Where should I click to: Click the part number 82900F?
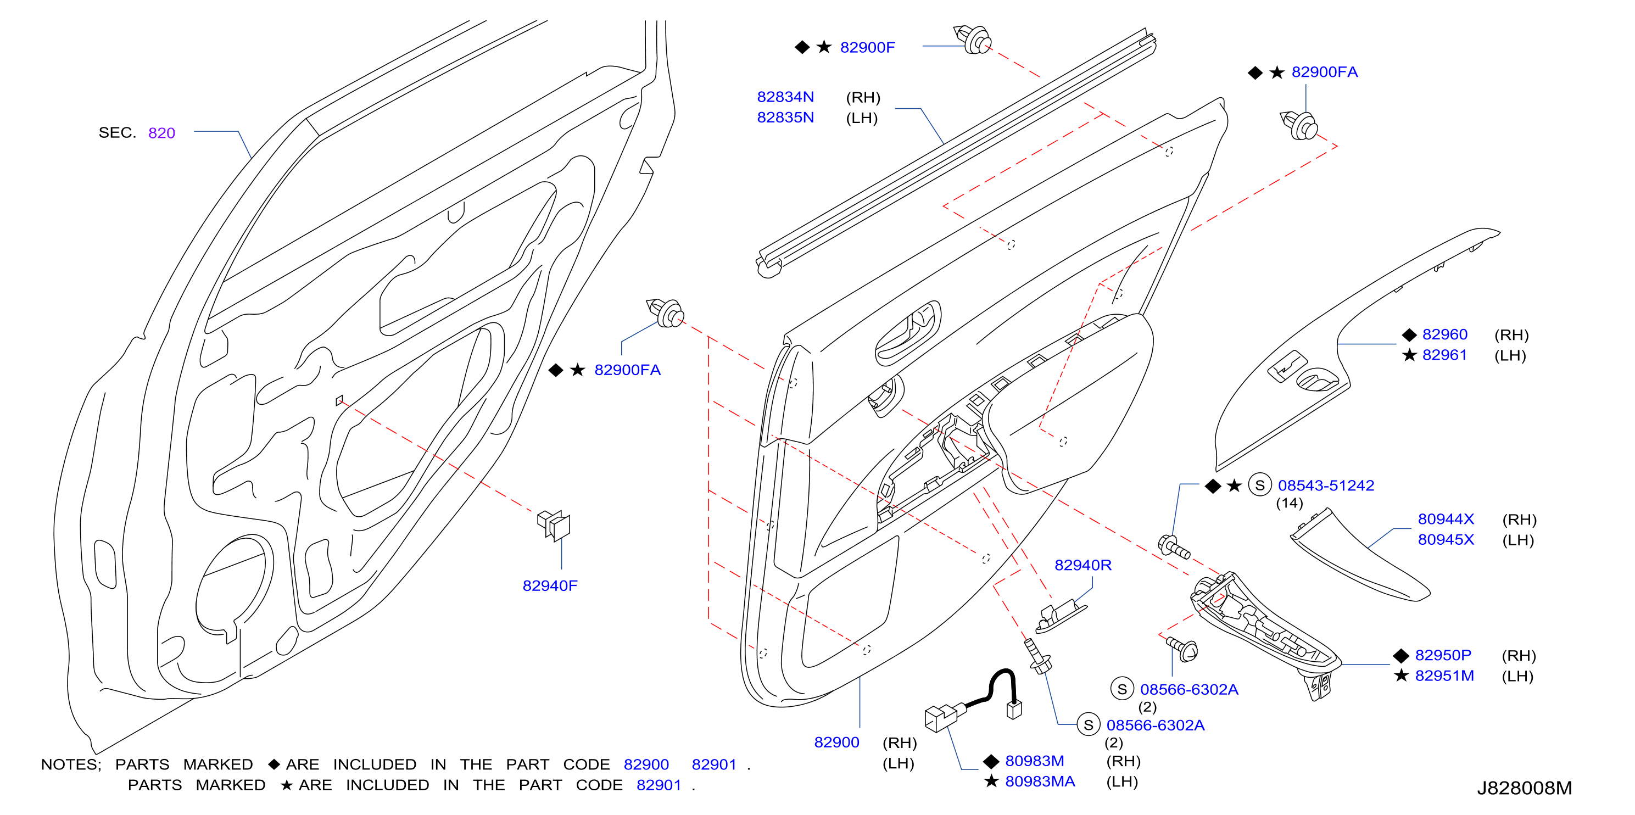click(x=867, y=48)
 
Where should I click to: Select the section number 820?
click(x=161, y=133)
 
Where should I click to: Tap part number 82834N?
click(x=785, y=97)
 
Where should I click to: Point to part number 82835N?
click(x=785, y=118)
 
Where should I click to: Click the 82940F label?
click(x=550, y=586)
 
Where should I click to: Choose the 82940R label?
click(x=1083, y=565)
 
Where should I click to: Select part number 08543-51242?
click(x=1326, y=485)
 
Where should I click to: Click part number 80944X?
click(x=1446, y=519)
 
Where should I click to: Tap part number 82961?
click(x=1444, y=355)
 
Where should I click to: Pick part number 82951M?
click(x=1444, y=676)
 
